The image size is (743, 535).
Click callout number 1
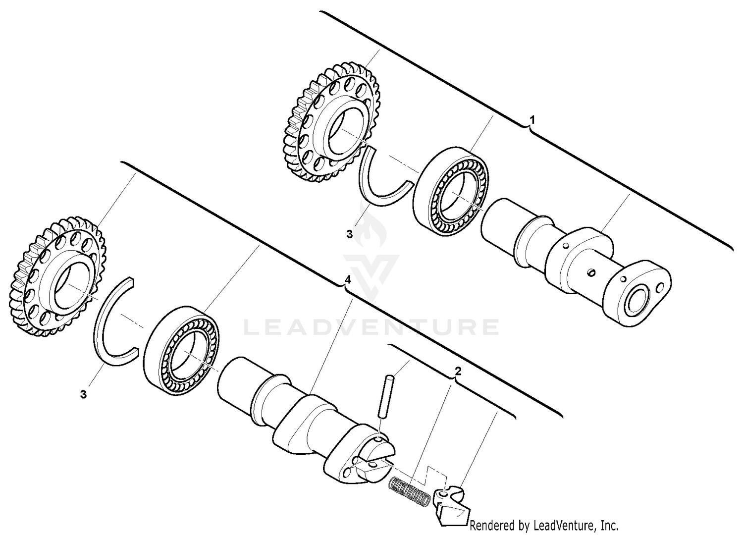coord(532,120)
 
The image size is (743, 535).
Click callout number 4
coord(348,280)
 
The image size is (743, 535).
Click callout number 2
coord(458,371)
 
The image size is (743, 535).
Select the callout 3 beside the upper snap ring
coord(349,234)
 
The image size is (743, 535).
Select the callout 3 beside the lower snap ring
coord(83,394)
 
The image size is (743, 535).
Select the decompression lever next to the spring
coord(451,505)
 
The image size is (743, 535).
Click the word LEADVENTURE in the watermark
coord(371,327)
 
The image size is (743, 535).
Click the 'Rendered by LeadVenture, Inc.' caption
coord(544,525)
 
